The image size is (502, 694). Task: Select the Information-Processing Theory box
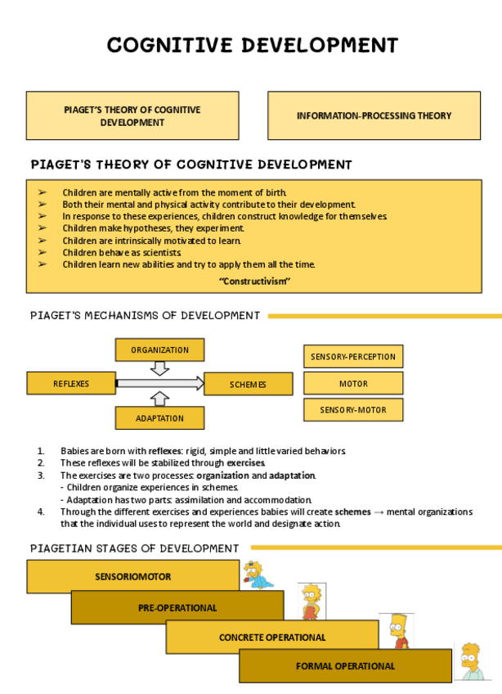pyautogui.click(x=374, y=115)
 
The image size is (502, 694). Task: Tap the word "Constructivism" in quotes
pyautogui.click(x=255, y=282)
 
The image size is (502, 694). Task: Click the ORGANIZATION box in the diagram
pyautogui.click(x=159, y=349)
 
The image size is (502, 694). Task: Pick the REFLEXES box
pyautogui.click(x=71, y=384)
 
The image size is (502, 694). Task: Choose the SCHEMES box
pyautogui.click(x=248, y=384)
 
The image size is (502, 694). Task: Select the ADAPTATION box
pyautogui.click(x=159, y=418)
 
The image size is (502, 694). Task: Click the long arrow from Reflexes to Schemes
pyautogui.click(x=160, y=383)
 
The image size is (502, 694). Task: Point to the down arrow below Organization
pyautogui.click(x=160, y=368)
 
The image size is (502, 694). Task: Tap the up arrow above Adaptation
pyautogui.click(x=160, y=399)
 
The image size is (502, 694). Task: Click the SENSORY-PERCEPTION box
pyautogui.click(x=352, y=357)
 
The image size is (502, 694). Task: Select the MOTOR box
pyautogui.click(x=352, y=383)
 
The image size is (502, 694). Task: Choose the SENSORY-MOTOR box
pyautogui.click(x=352, y=409)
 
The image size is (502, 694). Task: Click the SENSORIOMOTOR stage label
pyautogui.click(x=132, y=576)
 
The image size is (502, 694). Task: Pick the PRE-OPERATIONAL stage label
pyautogui.click(x=177, y=607)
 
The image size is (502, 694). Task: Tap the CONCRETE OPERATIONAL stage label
pyautogui.click(x=271, y=637)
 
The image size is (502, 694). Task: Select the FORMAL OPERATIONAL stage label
pyautogui.click(x=344, y=666)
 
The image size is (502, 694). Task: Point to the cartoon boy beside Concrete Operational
pyautogui.click(x=397, y=631)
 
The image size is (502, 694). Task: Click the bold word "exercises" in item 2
pyautogui.click(x=245, y=463)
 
